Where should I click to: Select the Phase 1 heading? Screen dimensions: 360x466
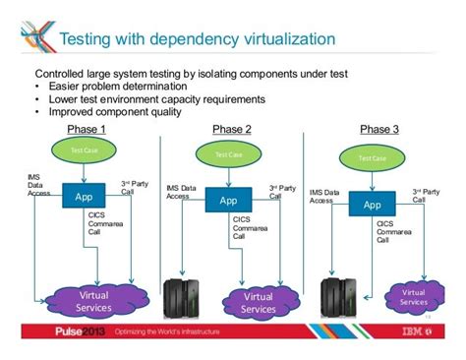click(87, 130)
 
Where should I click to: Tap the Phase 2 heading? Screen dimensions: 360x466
click(232, 130)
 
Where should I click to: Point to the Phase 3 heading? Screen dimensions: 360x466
click(379, 130)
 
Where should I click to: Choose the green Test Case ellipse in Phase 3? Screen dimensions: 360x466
click(372, 157)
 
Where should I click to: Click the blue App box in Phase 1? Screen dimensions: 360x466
click(84, 196)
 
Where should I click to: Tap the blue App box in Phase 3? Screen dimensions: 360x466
click(372, 204)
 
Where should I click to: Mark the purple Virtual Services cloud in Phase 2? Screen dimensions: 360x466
click(258, 301)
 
